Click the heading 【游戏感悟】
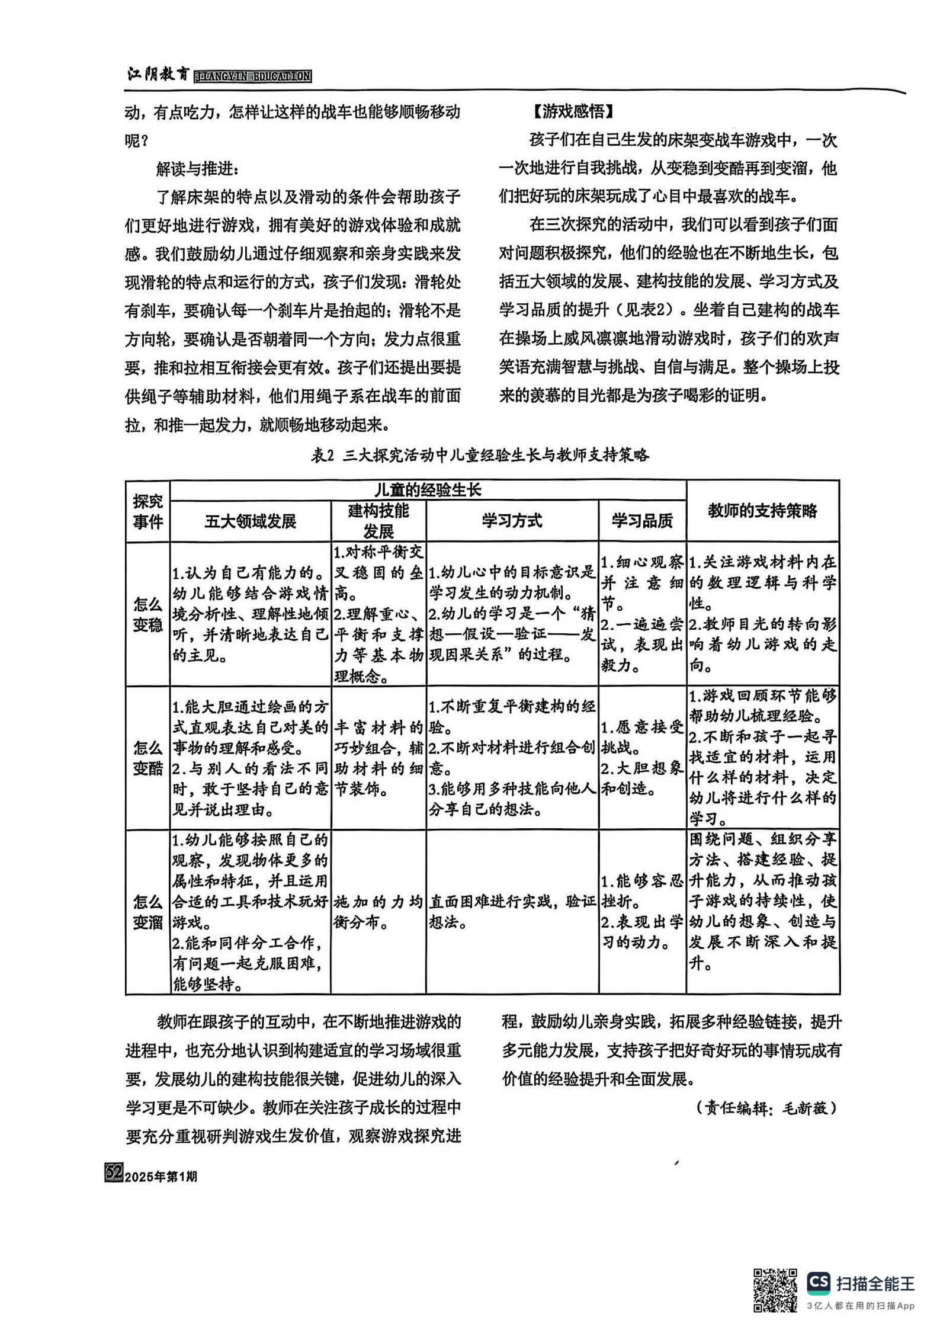point(569,111)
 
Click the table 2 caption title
point(480,455)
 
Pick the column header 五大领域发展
point(250,521)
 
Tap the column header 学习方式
point(512,521)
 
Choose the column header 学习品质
point(642,521)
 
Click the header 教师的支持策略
point(762,511)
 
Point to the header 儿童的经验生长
point(428,490)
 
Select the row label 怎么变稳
point(147,614)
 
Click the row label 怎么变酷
point(147,758)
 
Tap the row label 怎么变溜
point(147,912)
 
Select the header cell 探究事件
point(147,511)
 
